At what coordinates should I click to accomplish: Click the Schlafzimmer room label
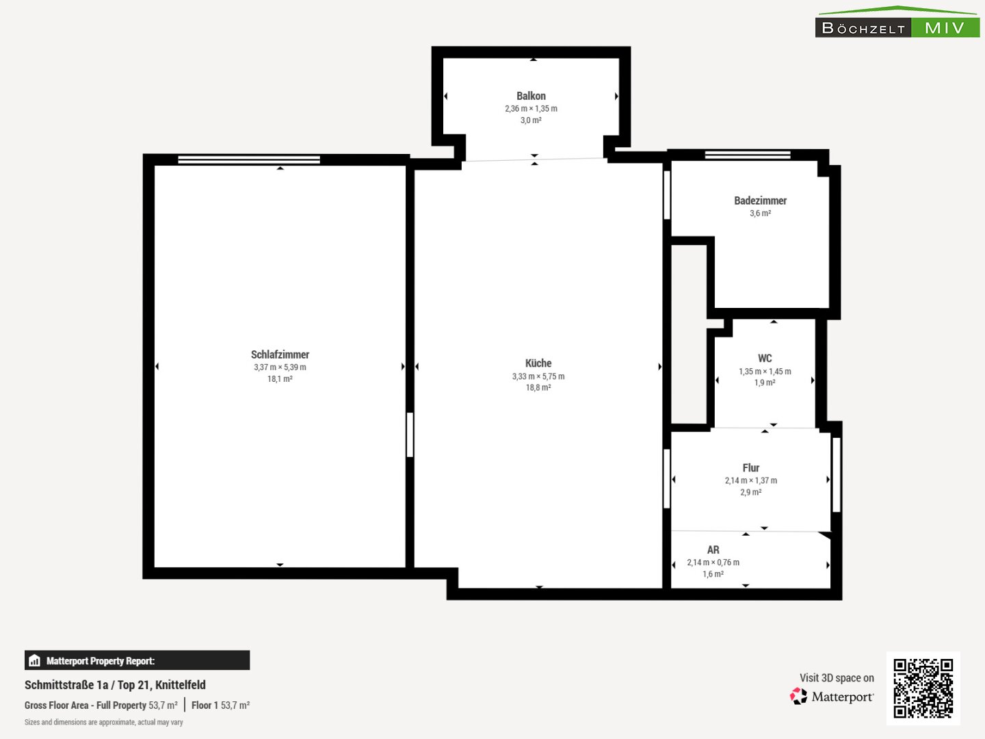[280, 354]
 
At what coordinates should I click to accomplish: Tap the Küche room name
[538, 363]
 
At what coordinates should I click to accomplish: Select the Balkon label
[531, 96]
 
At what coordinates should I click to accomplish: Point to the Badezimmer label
[760, 200]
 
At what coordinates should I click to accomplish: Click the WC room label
[765, 358]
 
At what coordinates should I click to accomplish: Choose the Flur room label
[751, 468]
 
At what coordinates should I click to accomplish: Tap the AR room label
[713, 549]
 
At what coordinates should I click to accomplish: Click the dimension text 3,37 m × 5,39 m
[280, 367]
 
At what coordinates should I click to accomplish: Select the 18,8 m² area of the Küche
[538, 387]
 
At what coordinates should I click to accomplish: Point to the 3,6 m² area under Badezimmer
[760, 213]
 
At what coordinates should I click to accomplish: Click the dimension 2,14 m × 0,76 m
[713, 562]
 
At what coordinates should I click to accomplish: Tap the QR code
[923, 688]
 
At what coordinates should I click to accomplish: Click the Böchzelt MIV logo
[897, 22]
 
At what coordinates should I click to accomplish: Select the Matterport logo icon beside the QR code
[798, 696]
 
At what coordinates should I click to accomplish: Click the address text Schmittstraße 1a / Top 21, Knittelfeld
[115, 685]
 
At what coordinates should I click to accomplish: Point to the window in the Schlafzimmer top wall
[249, 159]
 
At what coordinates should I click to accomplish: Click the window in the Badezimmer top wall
[748, 155]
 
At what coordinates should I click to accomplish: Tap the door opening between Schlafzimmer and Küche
[410, 435]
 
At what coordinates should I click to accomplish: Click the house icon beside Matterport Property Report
[35, 660]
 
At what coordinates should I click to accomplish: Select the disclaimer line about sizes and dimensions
[104, 722]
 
